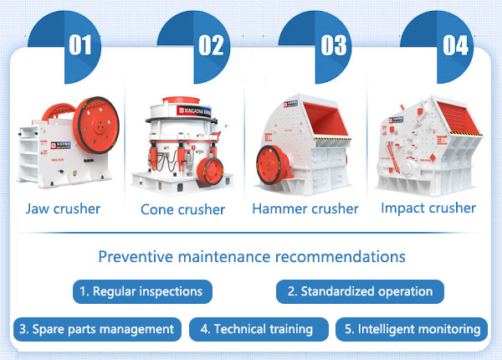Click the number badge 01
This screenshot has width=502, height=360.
pos(79,44)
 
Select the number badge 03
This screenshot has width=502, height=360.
pos(332,44)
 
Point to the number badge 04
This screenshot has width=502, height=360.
pos(455,44)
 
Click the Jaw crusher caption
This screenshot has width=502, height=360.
pos(63,208)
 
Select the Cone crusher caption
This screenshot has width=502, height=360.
pos(182,209)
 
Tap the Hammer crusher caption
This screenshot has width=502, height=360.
pos(305,208)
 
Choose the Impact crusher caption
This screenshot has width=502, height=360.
pos(428,208)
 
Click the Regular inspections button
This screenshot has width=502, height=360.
pos(141,291)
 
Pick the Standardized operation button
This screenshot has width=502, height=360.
pos(360,291)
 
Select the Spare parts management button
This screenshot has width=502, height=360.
pos(97,329)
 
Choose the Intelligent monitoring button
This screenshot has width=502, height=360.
pos(412,329)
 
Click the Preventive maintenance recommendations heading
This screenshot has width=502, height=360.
pos(251,256)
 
